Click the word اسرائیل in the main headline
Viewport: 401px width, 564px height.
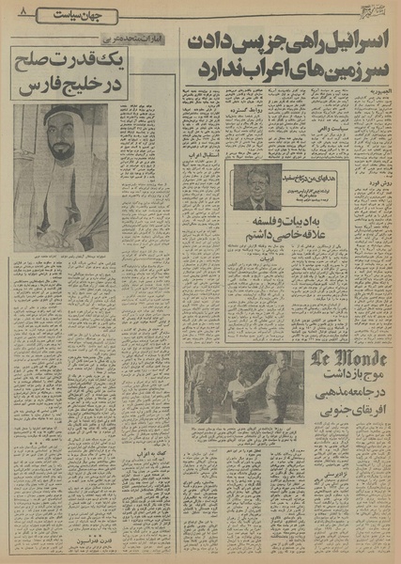347,42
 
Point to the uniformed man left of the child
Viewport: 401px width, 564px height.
203,387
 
